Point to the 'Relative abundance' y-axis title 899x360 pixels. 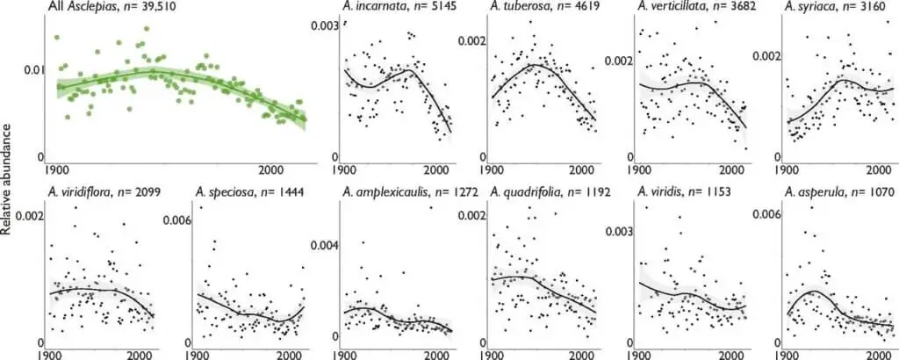point(8,180)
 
